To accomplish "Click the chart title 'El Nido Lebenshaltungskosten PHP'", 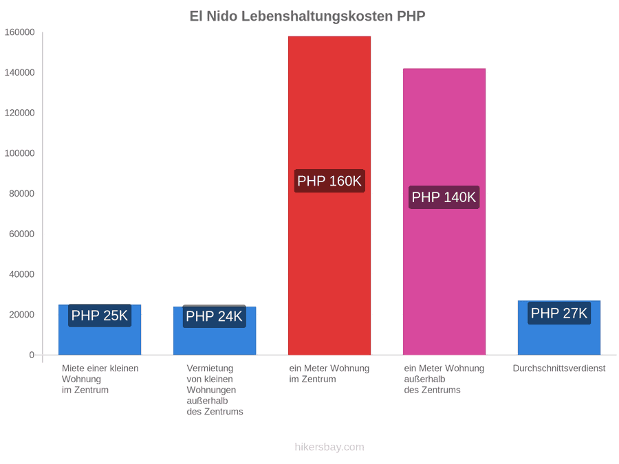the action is tap(307, 16).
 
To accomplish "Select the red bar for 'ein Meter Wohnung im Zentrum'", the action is tap(329, 195).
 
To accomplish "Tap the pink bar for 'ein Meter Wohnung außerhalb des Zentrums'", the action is tap(444, 212).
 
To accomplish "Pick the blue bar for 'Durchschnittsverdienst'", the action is tap(559, 327).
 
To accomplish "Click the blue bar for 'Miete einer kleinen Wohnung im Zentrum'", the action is tap(100, 329).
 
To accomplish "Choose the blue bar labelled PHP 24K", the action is tap(215, 331).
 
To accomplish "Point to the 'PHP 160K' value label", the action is tap(329, 181).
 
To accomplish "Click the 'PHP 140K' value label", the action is tap(444, 197).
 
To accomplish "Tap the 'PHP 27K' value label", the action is tap(559, 313).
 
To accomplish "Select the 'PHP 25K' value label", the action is tap(100, 316).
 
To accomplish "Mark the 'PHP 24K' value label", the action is tap(215, 316).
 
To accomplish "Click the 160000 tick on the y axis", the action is tap(19, 32).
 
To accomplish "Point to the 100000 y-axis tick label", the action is tap(19, 153).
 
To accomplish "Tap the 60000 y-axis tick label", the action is tap(22, 234).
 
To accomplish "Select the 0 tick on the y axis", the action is tap(32, 355).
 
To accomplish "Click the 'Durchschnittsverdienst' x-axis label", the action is tap(559, 368).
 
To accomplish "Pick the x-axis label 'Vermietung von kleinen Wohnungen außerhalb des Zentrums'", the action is tap(215, 390).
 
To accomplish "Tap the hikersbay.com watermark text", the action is tap(329, 447).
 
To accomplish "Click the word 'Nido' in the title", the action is tap(222, 16).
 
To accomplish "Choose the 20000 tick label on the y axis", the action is tap(22, 314).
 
